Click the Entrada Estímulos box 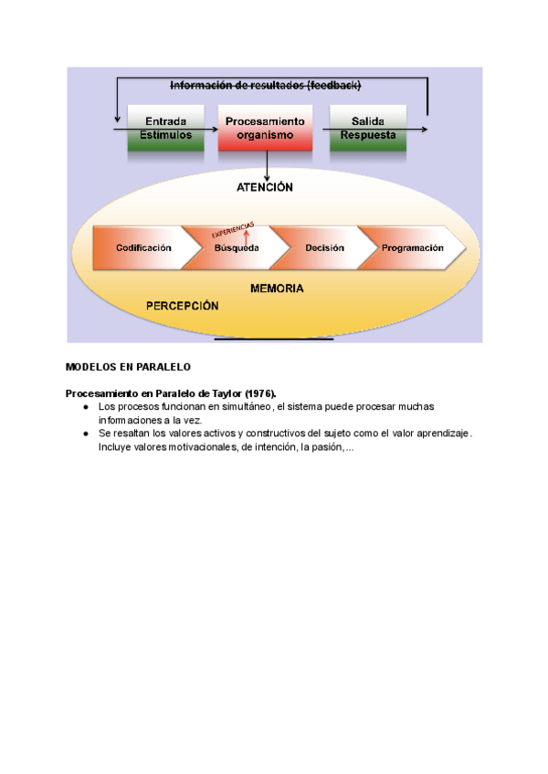pos(166,129)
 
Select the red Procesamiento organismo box pos(265,129)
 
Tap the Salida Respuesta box pos(367,129)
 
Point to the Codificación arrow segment pos(143,248)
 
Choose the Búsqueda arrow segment pos(237,248)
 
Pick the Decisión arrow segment pos(324,248)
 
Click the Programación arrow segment pos(412,248)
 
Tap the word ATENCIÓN pos(264,187)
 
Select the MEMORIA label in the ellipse pos(277,288)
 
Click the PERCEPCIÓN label pos(183,307)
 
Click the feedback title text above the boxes pos(266,86)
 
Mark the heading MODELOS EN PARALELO pos(127,367)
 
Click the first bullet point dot pos(85,406)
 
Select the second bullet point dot pos(85,434)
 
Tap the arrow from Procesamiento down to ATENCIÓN pos(266,165)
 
